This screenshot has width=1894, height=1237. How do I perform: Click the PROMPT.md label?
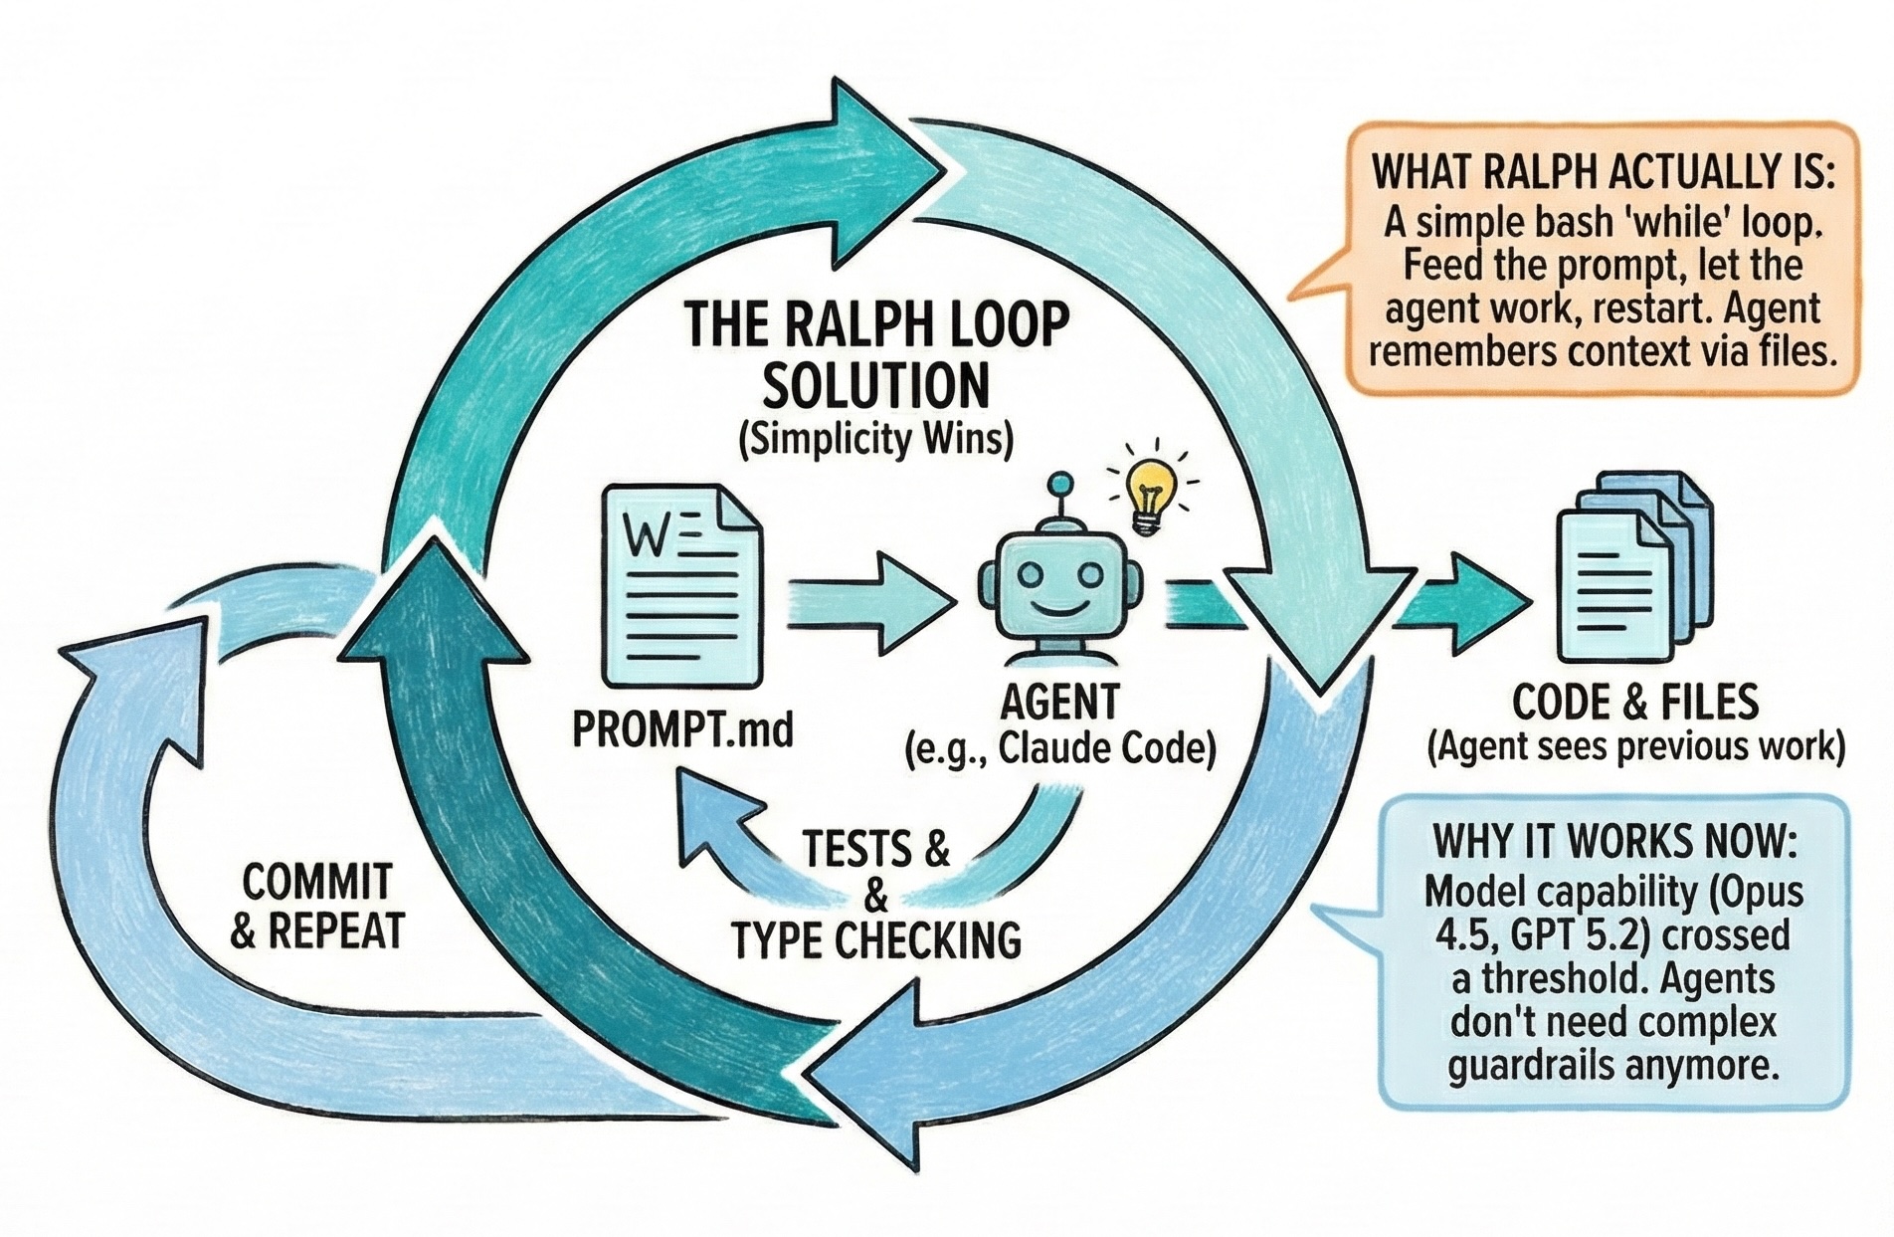(x=683, y=732)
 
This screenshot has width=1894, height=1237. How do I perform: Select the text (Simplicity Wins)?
(x=875, y=439)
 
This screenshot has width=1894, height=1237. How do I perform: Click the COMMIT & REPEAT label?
(x=317, y=906)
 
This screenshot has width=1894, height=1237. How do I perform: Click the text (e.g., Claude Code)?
(x=1060, y=749)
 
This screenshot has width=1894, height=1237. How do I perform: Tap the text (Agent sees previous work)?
(x=1635, y=746)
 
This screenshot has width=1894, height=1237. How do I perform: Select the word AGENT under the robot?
(x=1059, y=703)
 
